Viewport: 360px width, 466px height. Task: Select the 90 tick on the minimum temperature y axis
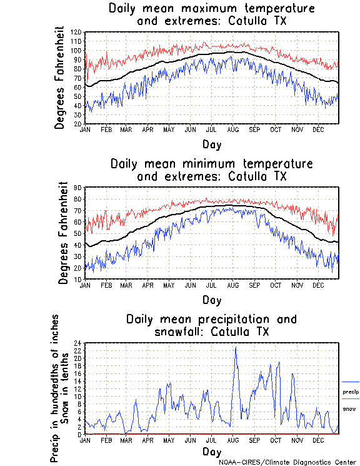click(x=79, y=188)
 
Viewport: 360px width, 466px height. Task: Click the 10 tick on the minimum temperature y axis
click(x=79, y=279)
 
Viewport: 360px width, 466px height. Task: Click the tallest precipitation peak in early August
click(x=235, y=347)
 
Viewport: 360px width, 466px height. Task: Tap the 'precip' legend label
click(x=351, y=392)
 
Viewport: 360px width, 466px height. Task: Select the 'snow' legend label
click(x=349, y=408)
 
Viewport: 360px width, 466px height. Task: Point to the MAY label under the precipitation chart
click(x=169, y=440)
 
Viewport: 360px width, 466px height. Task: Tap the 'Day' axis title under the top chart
click(x=211, y=144)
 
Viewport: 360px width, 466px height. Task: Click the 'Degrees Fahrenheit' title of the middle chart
click(x=63, y=233)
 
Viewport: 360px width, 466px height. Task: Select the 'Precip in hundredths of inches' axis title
click(x=55, y=387)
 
